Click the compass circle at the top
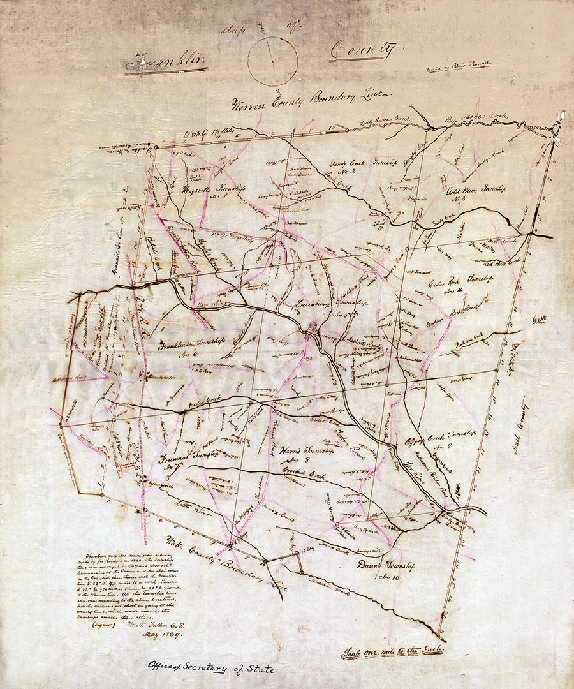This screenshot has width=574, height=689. click(x=272, y=61)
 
